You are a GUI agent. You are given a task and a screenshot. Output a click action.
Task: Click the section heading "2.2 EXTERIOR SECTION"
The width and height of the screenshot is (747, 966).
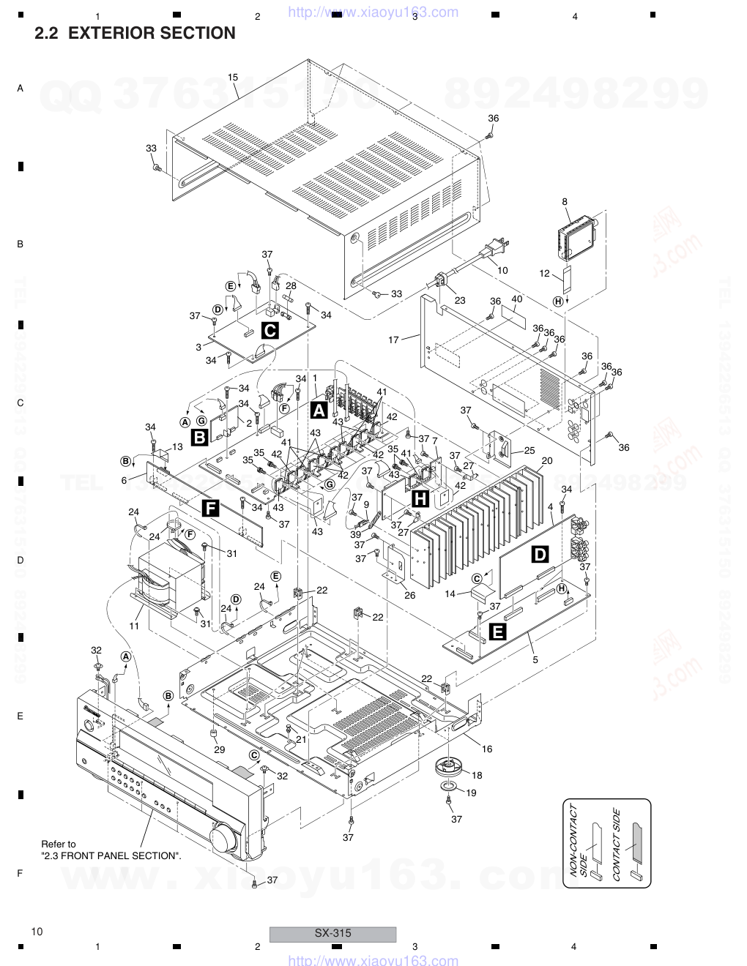pyautogui.click(x=135, y=34)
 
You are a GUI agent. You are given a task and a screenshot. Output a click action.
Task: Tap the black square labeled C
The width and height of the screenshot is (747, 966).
pyautogui.click(x=270, y=331)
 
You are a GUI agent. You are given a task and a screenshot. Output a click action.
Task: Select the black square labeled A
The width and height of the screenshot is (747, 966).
pyautogui.click(x=319, y=410)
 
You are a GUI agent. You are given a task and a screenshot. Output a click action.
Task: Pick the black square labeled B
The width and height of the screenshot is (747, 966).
pyautogui.click(x=198, y=438)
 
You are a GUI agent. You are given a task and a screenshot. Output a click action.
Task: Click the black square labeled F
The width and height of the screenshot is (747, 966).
pyautogui.click(x=211, y=508)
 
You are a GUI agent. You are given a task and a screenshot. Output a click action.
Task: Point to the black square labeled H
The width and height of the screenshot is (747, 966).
pyautogui.click(x=421, y=499)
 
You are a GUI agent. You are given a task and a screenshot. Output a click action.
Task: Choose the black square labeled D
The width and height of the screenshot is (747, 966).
pyautogui.click(x=539, y=555)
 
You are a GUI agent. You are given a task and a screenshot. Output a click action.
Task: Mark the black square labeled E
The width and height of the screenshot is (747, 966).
pyautogui.click(x=497, y=632)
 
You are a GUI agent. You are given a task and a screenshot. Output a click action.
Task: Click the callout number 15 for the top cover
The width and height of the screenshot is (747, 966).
pyautogui.click(x=233, y=77)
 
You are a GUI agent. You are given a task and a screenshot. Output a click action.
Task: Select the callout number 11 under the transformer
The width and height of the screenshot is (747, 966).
pyautogui.click(x=134, y=626)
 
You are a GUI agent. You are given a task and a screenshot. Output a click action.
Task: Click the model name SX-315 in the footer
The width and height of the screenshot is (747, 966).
pyautogui.click(x=332, y=933)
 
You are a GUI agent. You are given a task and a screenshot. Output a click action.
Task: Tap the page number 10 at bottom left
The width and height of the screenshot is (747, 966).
pyautogui.click(x=37, y=932)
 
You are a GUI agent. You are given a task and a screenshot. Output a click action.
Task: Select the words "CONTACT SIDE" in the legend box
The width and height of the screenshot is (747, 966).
pyautogui.click(x=617, y=844)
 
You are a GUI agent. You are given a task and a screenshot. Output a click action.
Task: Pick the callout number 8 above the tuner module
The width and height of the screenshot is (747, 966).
pyautogui.click(x=565, y=201)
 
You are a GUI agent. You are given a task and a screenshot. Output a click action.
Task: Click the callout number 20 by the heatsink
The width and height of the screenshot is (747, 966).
pyautogui.click(x=546, y=462)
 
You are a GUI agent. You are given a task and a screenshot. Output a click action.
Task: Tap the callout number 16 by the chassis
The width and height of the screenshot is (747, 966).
pyautogui.click(x=487, y=749)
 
